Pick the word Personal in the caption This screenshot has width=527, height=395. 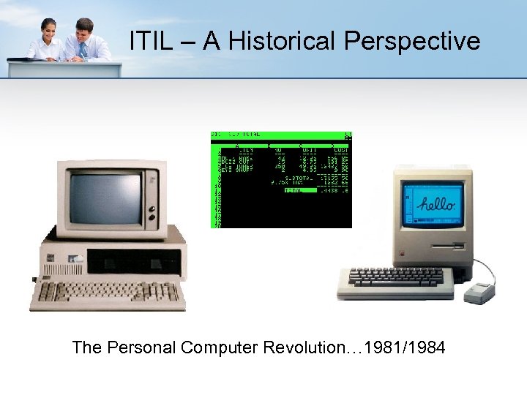click(x=141, y=347)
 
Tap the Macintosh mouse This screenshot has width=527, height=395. click(x=479, y=292)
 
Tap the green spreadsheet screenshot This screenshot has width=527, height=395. click(x=282, y=180)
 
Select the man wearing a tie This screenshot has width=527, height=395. click(x=85, y=41)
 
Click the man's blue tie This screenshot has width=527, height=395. click(x=83, y=50)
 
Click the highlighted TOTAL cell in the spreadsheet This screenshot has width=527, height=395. click(x=300, y=190)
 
